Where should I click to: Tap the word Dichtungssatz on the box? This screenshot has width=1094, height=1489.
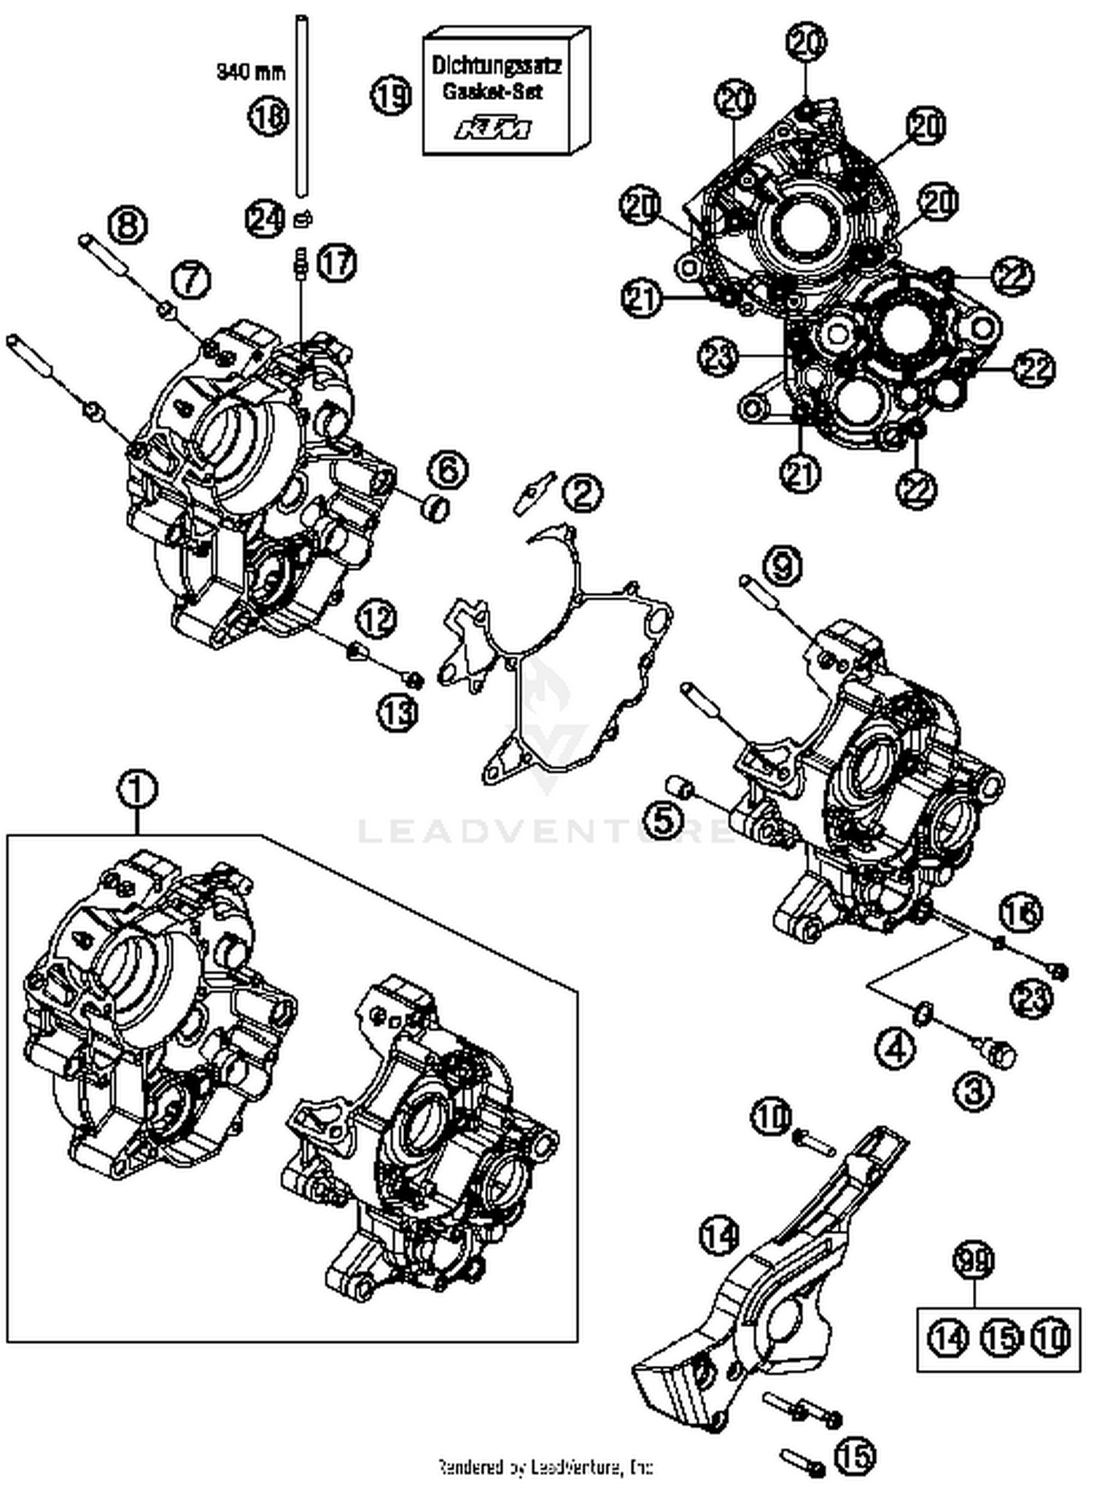coord(496,66)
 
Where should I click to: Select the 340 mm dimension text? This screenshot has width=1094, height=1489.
coord(249,71)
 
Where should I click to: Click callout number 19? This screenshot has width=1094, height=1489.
coord(392,96)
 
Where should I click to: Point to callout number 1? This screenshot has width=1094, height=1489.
coord(139,790)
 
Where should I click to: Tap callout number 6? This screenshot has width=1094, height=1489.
coord(447,469)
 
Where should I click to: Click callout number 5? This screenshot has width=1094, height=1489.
coord(673,820)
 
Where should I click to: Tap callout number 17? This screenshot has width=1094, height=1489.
coord(336,263)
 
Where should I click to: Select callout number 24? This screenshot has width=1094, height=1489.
coord(265,219)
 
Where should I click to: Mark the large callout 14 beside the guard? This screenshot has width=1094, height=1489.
coord(721,1235)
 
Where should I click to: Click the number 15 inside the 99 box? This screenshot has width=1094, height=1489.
coord(1000,1337)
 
